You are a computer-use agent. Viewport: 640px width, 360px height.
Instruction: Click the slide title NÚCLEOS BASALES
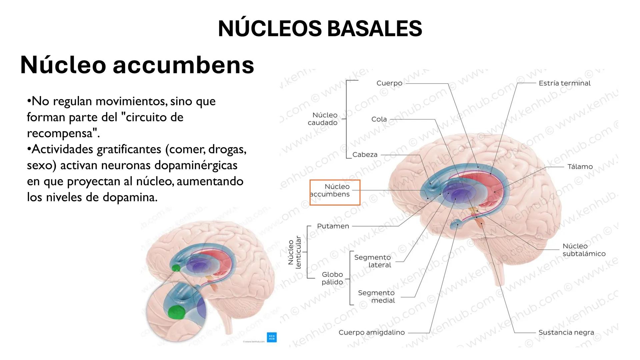(x=320, y=28)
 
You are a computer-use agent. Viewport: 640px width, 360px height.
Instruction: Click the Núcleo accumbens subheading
(x=137, y=65)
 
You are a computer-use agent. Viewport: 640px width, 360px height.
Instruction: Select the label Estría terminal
(x=564, y=83)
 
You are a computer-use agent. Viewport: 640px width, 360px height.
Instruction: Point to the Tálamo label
(x=580, y=167)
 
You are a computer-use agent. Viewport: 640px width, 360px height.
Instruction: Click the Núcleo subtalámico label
(x=584, y=250)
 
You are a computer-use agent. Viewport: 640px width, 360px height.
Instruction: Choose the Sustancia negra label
(x=566, y=332)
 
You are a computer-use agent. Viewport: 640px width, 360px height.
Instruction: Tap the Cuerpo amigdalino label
(x=371, y=332)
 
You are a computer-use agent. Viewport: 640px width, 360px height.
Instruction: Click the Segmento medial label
(x=376, y=297)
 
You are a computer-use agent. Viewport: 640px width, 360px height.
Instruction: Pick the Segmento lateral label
(x=373, y=261)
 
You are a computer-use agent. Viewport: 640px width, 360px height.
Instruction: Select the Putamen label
(x=333, y=226)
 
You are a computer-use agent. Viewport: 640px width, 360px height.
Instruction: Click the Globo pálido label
(x=332, y=278)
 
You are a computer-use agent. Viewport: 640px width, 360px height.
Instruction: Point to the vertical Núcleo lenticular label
(x=294, y=252)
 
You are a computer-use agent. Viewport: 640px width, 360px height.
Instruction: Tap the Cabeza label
(x=365, y=155)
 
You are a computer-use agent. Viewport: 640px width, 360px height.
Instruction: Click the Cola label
(x=379, y=119)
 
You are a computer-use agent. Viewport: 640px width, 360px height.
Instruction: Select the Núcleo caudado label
(x=323, y=119)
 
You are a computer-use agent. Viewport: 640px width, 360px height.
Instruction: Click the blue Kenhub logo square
(x=272, y=337)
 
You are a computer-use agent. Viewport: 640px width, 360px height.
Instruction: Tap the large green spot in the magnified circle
(x=176, y=312)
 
